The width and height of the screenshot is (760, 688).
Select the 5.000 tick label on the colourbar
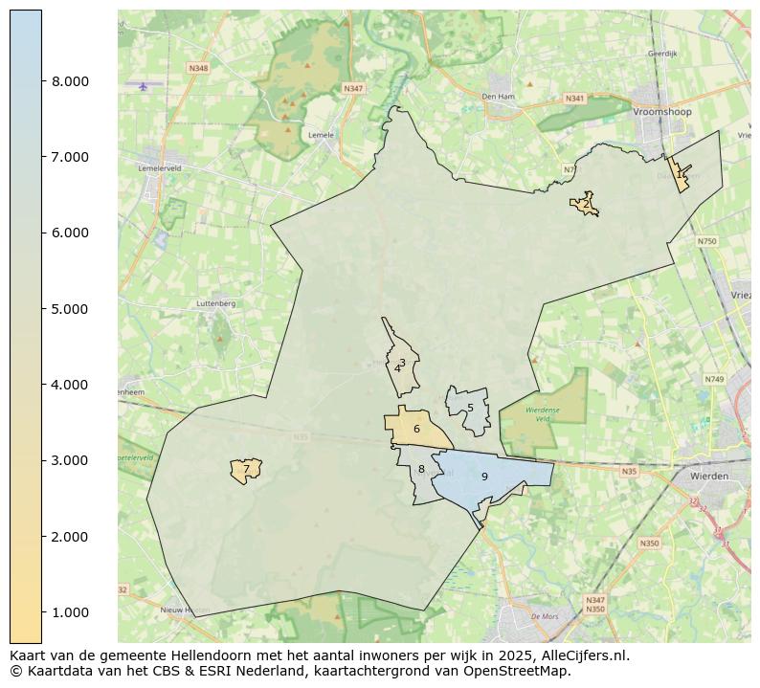tap(70, 309)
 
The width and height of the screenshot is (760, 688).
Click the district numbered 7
tap(246, 470)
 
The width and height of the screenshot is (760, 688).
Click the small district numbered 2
tap(585, 204)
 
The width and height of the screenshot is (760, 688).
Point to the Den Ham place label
tap(498, 97)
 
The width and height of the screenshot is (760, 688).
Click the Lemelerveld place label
tap(160, 167)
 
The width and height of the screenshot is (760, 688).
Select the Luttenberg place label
tap(215, 303)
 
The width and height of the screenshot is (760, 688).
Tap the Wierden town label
tap(709, 476)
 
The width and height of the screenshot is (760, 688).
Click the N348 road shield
tap(198, 68)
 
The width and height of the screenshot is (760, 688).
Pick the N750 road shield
tap(706, 241)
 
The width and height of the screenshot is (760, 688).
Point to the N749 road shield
tap(714, 379)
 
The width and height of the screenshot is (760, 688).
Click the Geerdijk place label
tap(662, 54)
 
